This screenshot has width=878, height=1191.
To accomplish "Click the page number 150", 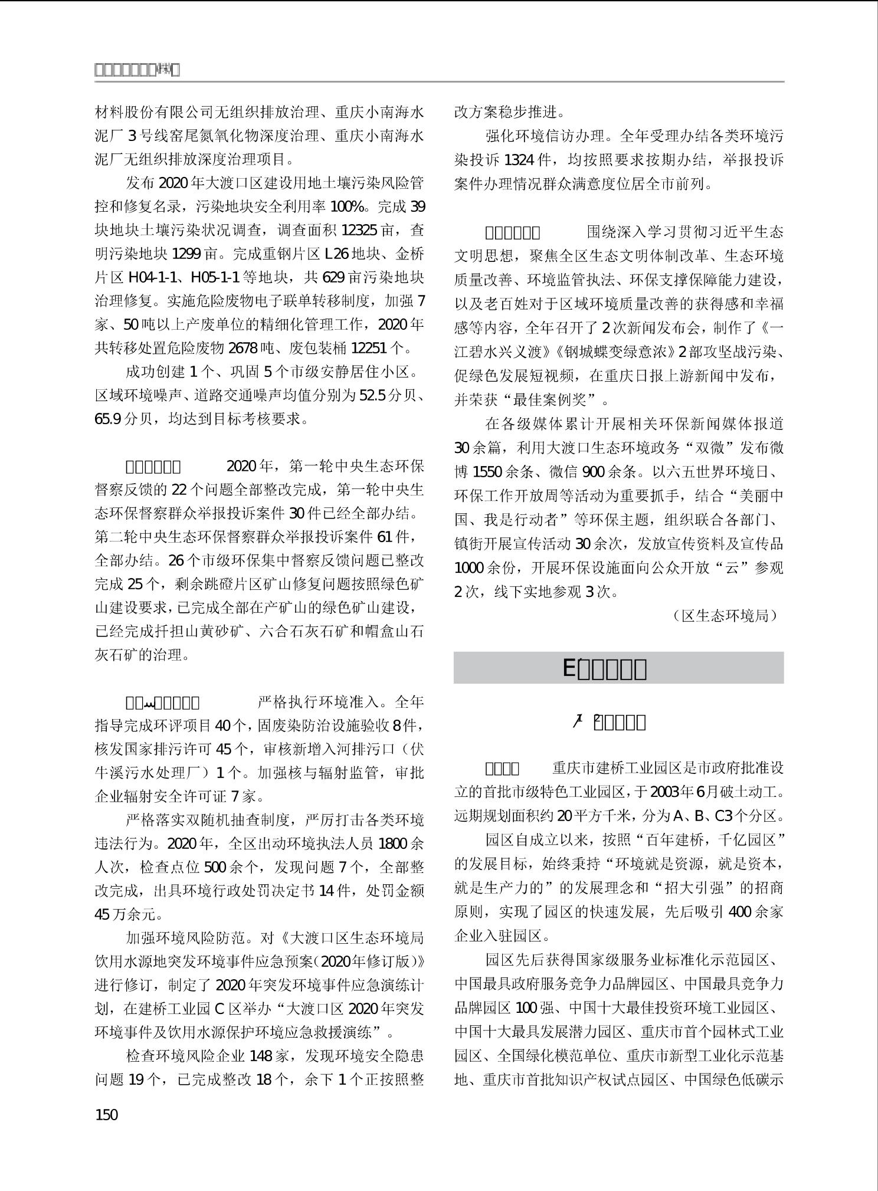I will pos(106,1114).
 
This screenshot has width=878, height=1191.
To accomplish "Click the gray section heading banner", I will pos(618,668).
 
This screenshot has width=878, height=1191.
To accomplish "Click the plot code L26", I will pos(337,254).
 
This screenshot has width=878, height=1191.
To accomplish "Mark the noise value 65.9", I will pos(108,419).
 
